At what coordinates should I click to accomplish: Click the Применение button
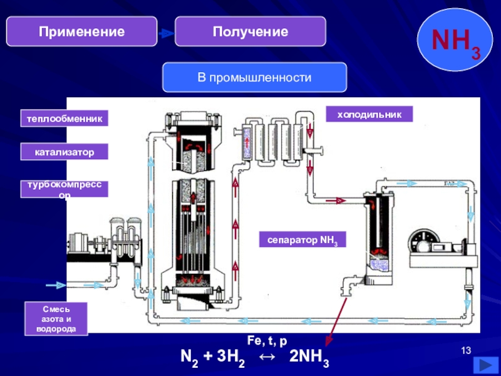[x=81, y=31]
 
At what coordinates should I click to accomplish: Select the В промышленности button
[x=255, y=78]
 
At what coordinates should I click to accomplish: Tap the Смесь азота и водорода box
[x=56, y=319]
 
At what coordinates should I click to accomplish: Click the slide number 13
[x=465, y=350]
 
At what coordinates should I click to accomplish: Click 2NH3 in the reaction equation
[x=309, y=360]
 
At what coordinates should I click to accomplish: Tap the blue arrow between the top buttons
[x=165, y=33]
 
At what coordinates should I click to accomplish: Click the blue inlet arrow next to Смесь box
[x=56, y=285]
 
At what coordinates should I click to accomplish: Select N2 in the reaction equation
[x=190, y=360]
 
